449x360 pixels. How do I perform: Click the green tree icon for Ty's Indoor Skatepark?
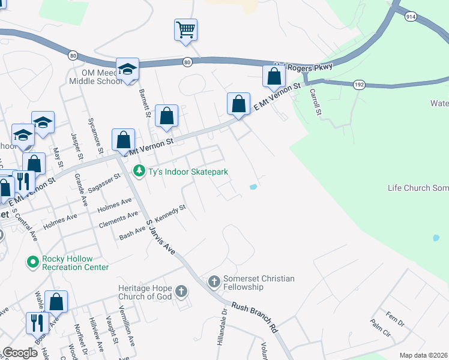click(139, 172)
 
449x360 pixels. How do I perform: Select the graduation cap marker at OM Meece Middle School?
click(127, 70)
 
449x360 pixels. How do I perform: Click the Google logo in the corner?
click(20, 353)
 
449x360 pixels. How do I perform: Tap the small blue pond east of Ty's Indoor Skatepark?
click(253, 187)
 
